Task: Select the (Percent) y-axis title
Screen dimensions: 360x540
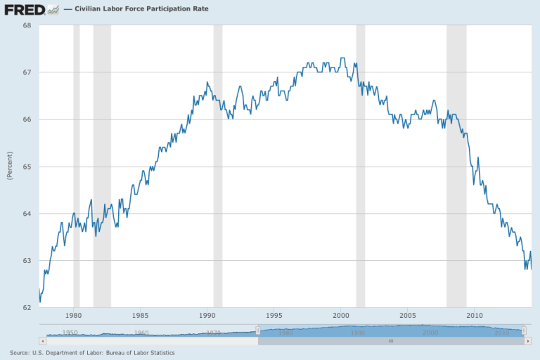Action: point(9,167)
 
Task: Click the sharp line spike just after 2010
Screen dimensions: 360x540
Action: point(478,157)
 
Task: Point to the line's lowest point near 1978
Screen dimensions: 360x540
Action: point(40,302)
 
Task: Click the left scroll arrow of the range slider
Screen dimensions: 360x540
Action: point(262,340)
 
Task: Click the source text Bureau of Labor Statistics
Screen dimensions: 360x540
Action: point(143,352)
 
